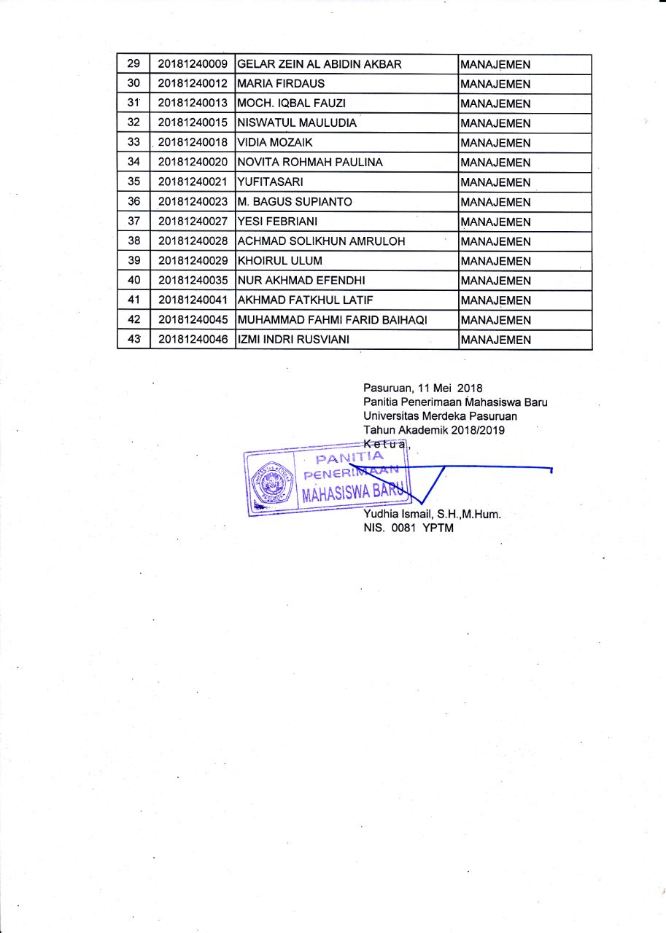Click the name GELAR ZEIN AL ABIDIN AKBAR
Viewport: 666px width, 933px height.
click(x=320, y=64)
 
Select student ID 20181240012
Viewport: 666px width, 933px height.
click(x=193, y=84)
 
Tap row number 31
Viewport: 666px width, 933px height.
click(x=133, y=103)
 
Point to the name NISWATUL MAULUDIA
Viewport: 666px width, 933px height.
click(x=298, y=123)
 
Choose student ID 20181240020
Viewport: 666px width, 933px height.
click(x=193, y=163)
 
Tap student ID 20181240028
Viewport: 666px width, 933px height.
click(x=193, y=241)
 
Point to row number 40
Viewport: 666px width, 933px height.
click(x=133, y=281)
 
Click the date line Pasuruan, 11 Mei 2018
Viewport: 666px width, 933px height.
click(x=423, y=388)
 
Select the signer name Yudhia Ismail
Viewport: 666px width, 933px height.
click(x=398, y=514)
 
